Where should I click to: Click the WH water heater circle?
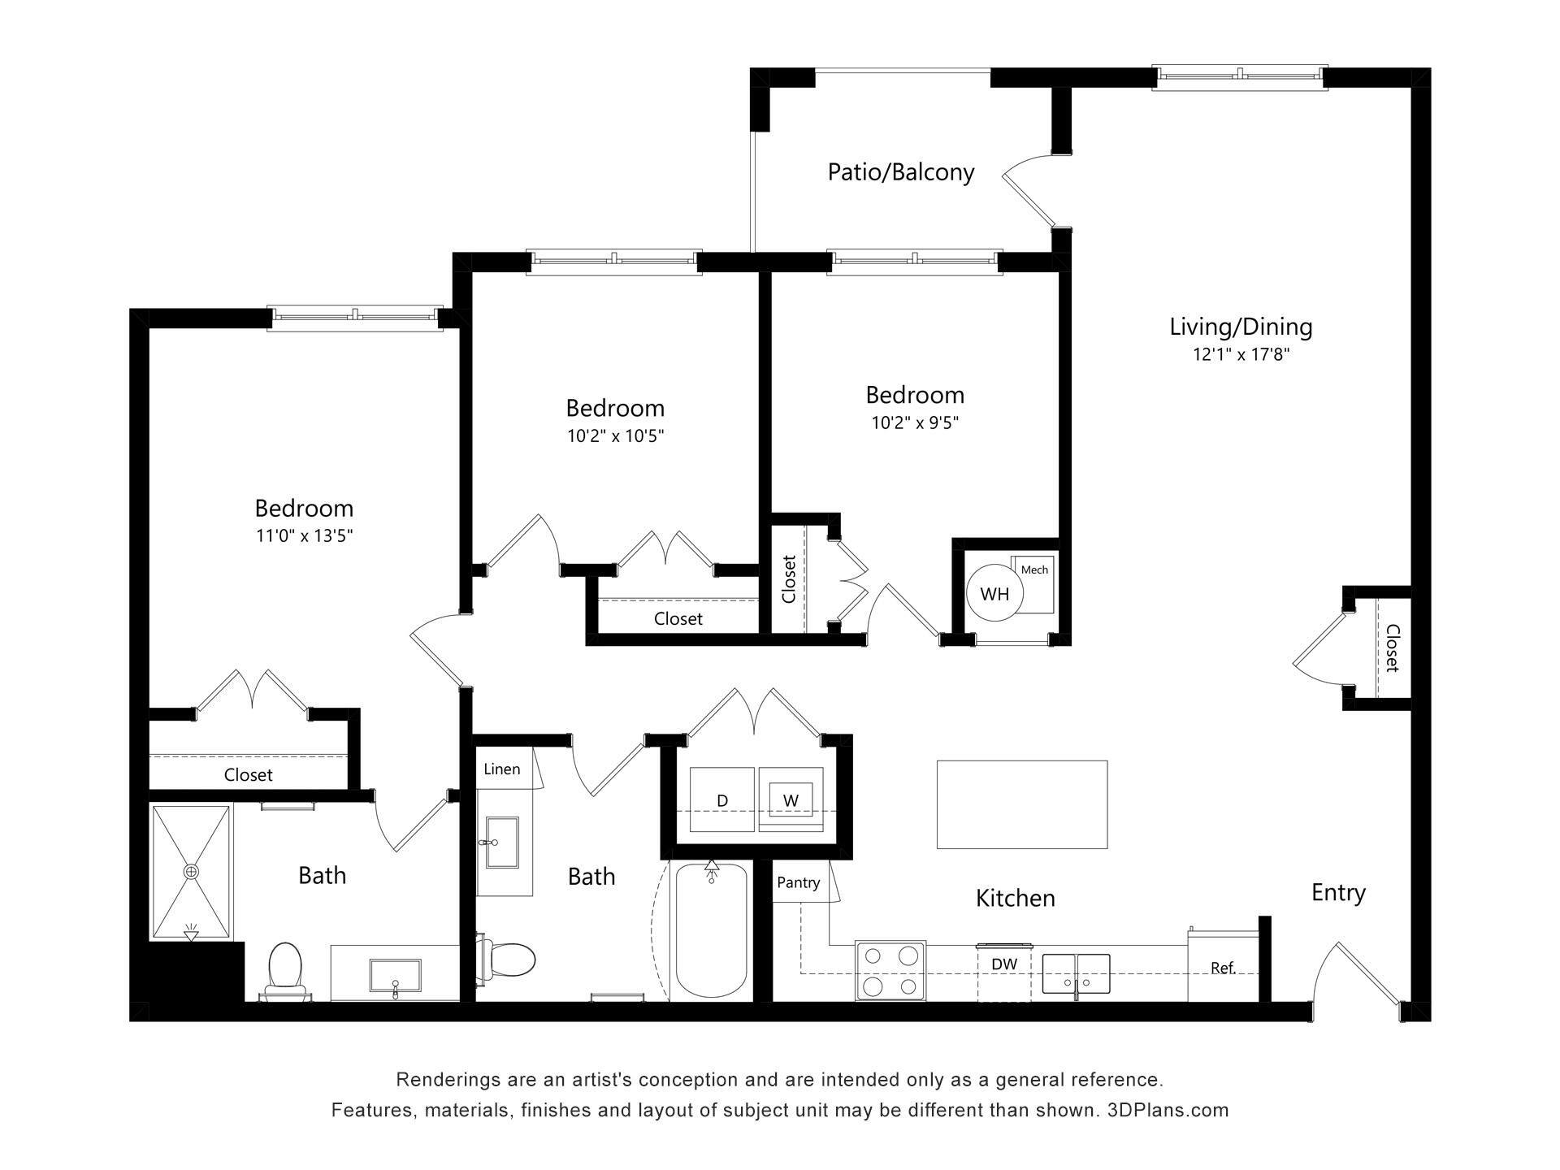click(x=994, y=594)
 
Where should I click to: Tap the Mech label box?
click(x=1034, y=570)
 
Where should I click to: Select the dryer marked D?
click(x=721, y=800)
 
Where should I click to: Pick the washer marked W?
click(x=791, y=800)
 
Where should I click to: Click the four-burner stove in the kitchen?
click(x=891, y=971)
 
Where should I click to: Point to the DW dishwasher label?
click(x=1004, y=964)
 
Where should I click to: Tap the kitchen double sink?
click(x=1076, y=973)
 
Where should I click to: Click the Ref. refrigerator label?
click(x=1223, y=968)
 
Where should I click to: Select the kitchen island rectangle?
click(x=1022, y=804)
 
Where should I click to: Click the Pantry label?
click(x=798, y=882)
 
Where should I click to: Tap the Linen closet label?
click(x=501, y=769)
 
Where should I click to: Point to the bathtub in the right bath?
click(x=712, y=934)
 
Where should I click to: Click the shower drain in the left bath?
click(x=191, y=872)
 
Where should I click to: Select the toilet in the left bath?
click(x=284, y=968)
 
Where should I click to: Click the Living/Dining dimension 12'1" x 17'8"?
click(x=1241, y=354)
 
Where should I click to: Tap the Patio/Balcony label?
click(x=900, y=172)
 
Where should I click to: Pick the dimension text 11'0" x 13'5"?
click(x=304, y=535)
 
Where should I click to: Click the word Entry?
click(x=1338, y=892)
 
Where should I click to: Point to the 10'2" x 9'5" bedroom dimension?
click(x=915, y=422)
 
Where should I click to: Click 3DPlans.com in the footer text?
click(x=1168, y=1110)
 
